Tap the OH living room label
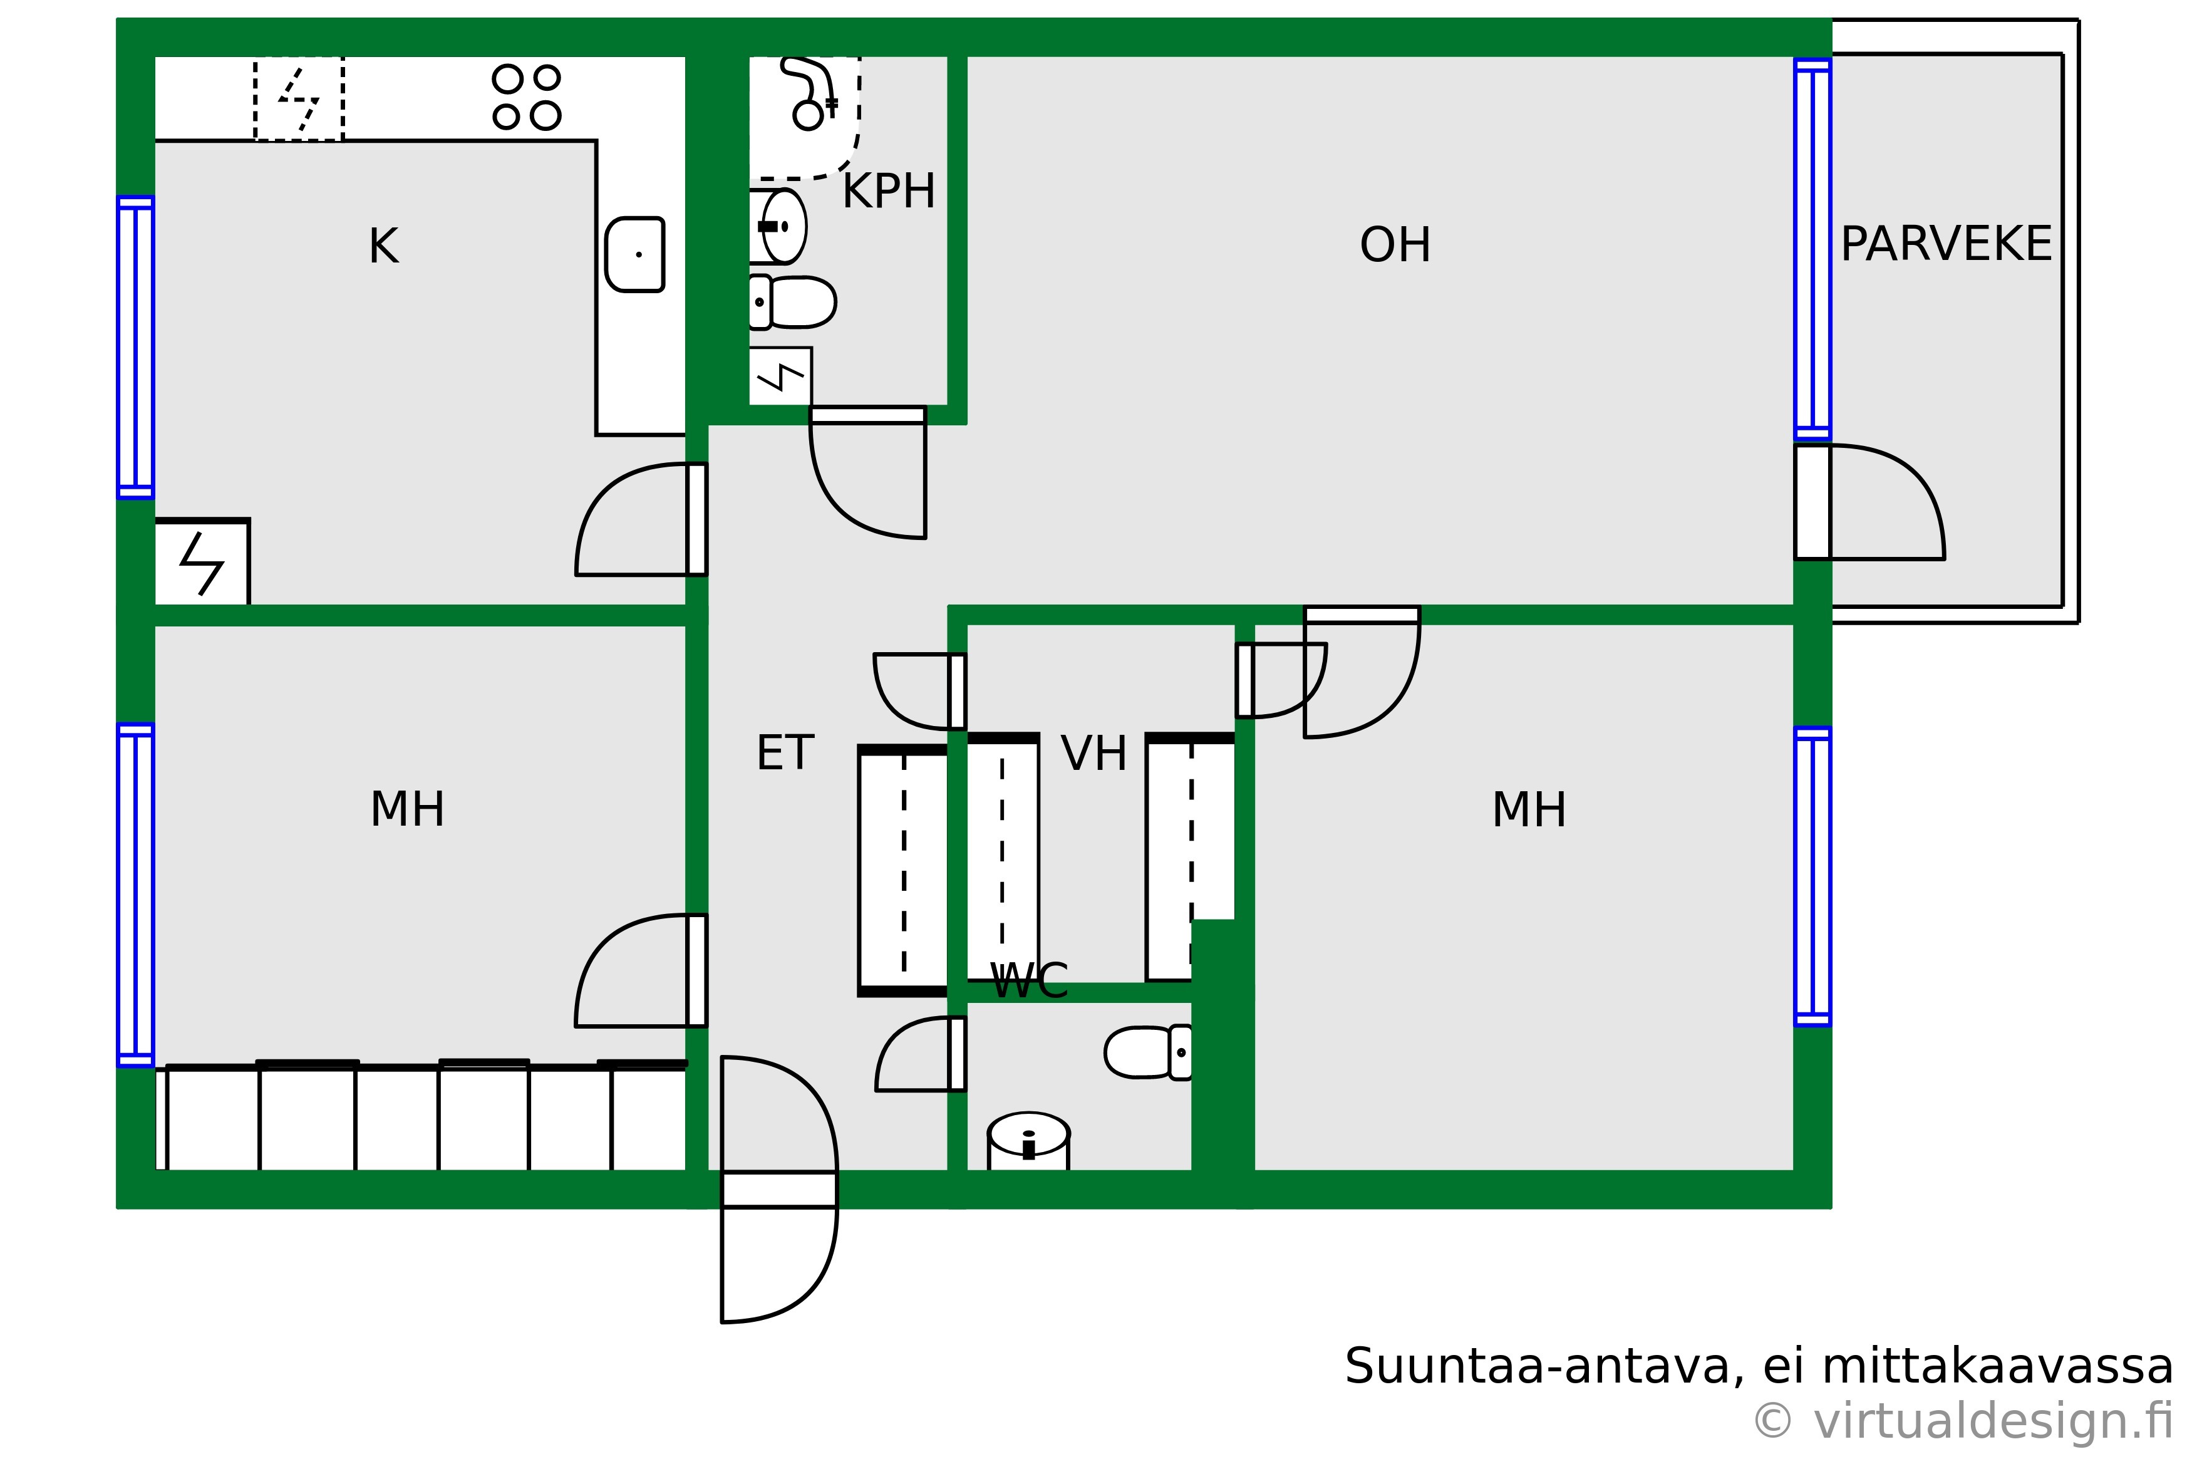pos(1395,245)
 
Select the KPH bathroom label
pos(888,192)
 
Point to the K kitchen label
pos(383,247)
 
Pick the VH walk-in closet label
pos(1094,753)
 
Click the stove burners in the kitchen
pos(527,96)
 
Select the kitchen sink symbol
pos(635,254)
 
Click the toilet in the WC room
pos(1149,1052)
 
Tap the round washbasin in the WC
pos(1028,1141)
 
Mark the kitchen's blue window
pos(136,347)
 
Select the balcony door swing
pos(1869,502)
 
